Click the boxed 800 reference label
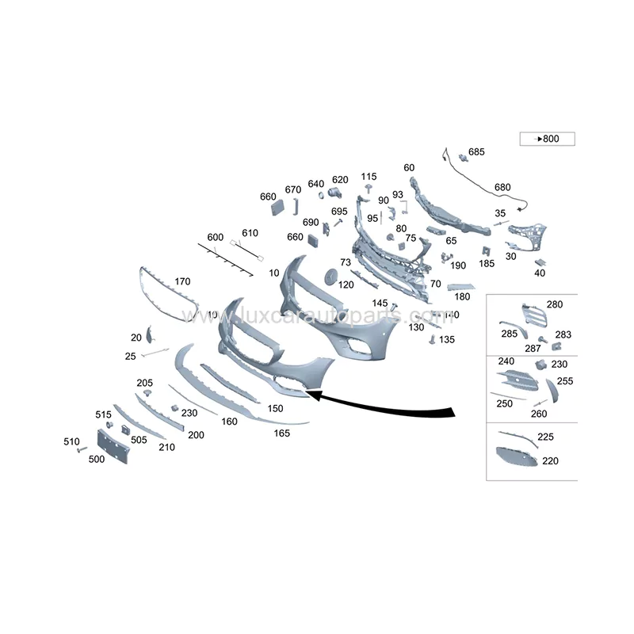pos(547,139)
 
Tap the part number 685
pos(475,151)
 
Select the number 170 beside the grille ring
pos(182,281)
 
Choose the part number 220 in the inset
pos(550,460)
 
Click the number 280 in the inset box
pos(555,304)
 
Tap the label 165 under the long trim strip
pos(282,433)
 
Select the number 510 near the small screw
pos(71,441)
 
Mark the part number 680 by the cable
pos(502,187)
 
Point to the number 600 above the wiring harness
pos(215,237)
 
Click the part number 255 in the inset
pos(565,380)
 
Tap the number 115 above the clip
pos(369,176)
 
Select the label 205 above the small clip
pos(144,383)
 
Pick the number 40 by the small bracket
pos(540,273)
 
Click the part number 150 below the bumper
pos(275,409)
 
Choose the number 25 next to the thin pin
pos(132,357)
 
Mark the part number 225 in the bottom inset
pos(545,437)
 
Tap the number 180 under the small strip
pos(463,296)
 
